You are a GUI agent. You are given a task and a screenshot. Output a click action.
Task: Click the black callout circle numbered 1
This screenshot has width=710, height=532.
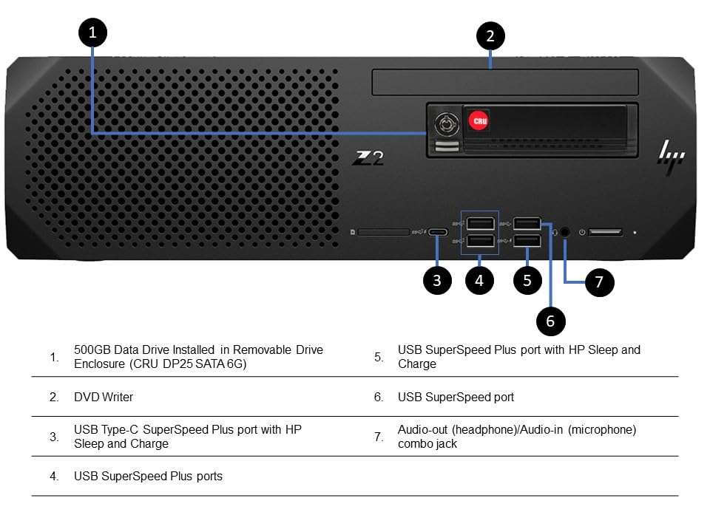click(92, 33)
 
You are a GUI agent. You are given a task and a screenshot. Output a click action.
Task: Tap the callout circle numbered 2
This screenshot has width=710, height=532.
click(490, 36)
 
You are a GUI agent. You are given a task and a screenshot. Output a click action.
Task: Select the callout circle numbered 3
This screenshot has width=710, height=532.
click(438, 281)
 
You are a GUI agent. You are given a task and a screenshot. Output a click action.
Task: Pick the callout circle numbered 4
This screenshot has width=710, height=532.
click(479, 281)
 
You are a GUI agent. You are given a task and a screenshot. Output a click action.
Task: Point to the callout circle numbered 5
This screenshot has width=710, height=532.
click(527, 281)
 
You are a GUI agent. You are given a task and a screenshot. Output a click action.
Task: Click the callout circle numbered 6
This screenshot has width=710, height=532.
click(550, 321)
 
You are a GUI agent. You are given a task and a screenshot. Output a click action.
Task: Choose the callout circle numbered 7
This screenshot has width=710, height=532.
click(599, 282)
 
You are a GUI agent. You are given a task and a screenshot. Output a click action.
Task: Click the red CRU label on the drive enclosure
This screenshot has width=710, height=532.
click(477, 118)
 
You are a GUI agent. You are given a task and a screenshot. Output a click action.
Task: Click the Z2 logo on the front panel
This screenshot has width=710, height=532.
click(368, 157)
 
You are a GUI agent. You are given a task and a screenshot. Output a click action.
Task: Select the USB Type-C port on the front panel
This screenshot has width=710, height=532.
click(438, 232)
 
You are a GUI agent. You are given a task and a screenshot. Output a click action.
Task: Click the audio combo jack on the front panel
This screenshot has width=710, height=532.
click(566, 231)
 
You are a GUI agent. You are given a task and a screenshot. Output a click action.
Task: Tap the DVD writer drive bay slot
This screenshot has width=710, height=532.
click(505, 82)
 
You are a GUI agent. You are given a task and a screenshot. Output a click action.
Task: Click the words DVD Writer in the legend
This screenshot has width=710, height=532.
click(104, 397)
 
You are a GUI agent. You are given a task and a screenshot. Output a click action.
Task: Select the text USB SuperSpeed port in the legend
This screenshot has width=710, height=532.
click(456, 397)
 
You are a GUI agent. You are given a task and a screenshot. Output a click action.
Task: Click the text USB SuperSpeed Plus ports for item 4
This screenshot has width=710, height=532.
click(148, 476)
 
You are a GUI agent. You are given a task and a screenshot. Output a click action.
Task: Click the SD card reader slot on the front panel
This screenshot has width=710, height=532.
click(383, 232)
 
